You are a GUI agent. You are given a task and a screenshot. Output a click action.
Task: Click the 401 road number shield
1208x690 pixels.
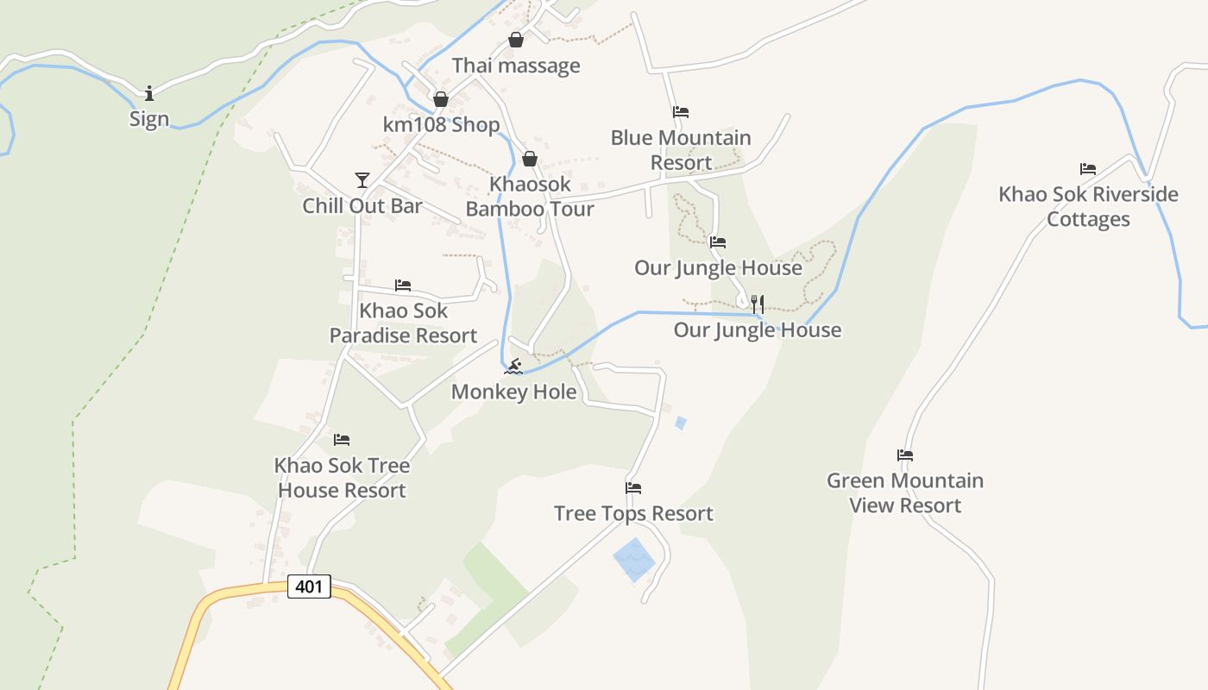click(x=308, y=587)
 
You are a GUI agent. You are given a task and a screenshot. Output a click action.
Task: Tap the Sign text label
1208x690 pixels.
click(x=149, y=119)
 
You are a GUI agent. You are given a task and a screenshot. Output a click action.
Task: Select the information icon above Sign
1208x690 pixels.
click(x=149, y=92)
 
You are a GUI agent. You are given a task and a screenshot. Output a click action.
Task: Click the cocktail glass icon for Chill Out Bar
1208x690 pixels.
click(x=362, y=179)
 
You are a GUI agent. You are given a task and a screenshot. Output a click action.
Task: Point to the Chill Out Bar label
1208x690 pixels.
click(x=362, y=206)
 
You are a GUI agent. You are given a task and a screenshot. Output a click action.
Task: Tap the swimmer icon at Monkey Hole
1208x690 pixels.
click(x=514, y=367)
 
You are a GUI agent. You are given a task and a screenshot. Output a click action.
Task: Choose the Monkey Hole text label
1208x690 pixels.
click(x=514, y=392)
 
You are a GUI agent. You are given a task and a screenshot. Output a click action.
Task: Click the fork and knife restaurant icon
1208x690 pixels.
click(x=758, y=304)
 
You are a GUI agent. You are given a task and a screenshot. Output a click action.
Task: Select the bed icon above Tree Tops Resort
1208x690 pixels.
click(x=633, y=488)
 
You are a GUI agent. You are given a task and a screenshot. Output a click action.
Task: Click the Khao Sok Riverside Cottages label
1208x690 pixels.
click(x=1088, y=206)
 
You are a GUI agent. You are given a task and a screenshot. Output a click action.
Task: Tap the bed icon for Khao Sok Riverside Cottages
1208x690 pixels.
click(x=1088, y=169)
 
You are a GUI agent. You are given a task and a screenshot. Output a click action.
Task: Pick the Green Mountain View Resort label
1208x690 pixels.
click(x=905, y=492)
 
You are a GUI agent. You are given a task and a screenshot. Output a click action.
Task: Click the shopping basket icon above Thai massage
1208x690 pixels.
click(x=516, y=40)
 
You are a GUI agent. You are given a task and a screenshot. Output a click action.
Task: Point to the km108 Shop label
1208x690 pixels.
click(x=442, y=125)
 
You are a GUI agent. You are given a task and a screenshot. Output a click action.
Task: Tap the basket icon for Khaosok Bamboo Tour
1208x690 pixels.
click(x=530, y=159)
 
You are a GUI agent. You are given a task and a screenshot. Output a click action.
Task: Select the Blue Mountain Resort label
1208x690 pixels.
click(x=681, y=150)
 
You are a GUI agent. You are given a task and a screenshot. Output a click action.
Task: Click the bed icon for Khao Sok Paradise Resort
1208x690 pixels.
click(x=403, y=285)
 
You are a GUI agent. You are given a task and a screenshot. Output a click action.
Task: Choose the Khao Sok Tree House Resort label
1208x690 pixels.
click(x=342, y=478)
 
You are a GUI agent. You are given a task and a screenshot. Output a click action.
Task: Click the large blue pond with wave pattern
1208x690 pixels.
click(x=634, y=560)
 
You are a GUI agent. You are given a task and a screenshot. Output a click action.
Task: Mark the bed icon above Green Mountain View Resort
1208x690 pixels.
click(x=905, y=455)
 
